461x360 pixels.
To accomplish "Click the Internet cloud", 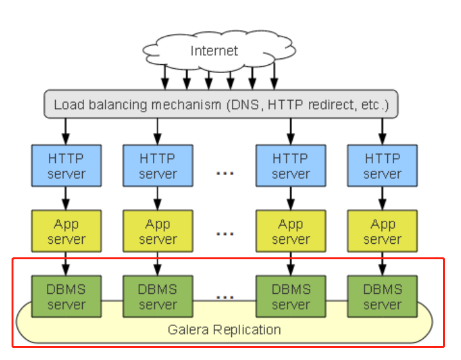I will [214, 51].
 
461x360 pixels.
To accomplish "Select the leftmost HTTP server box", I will [66, 166].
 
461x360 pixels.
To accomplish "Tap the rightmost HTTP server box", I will [383, 166].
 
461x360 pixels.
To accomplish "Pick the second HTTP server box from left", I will [158, 166].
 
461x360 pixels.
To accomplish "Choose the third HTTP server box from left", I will [291, 166].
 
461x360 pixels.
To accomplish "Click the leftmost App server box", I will [66, 232].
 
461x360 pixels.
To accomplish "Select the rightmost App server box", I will [383, 232].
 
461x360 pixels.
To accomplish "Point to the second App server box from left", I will [158, 232].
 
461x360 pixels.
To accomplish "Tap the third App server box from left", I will [291, 232].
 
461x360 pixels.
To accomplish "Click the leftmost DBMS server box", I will [66, 296].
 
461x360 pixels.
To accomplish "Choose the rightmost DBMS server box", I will [383, 296].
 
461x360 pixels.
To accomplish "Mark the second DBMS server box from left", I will [158, 296].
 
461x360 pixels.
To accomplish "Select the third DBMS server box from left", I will [291, 296].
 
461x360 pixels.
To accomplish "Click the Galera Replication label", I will [224, 330].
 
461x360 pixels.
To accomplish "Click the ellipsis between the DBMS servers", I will [225, 297].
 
